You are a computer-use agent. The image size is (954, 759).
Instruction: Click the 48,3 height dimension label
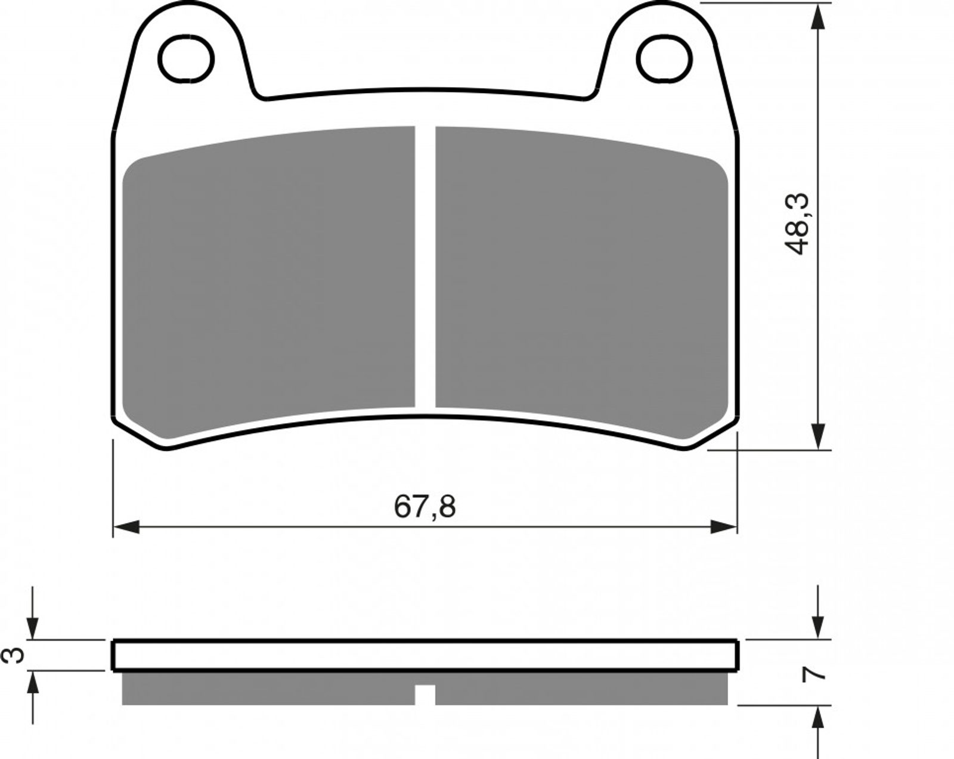click(x=797, y=224)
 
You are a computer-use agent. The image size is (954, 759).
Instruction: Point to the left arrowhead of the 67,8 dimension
click(x=127, y=527)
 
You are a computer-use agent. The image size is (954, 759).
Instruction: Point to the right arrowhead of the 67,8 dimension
click(x=723, y=527)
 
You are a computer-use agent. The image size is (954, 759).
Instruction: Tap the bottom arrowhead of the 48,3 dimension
click(x=818, y=436)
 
